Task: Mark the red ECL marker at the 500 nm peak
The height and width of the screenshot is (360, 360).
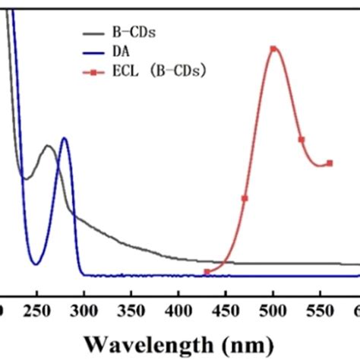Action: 273,49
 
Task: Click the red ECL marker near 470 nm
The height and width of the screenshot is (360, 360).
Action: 245,199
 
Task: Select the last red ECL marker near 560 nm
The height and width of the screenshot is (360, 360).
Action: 330,163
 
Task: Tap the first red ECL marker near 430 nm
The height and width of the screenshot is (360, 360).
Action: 207,271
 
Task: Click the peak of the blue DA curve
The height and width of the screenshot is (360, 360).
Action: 64,138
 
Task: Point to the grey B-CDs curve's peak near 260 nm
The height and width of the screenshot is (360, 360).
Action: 48,146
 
